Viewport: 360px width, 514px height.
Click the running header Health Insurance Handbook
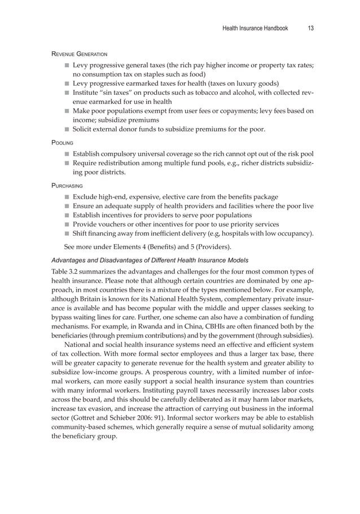pyautogui.click(x=255, y=28)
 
